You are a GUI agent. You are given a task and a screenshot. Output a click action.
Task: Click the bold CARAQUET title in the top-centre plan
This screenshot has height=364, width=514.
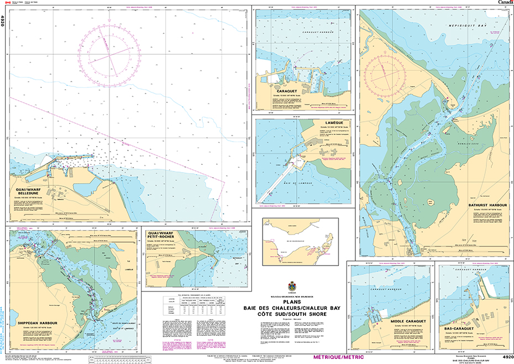[281, 91]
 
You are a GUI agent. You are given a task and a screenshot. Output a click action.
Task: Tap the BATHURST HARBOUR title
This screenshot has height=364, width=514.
[486, 205]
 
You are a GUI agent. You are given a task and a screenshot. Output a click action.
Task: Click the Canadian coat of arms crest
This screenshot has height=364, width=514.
[292, 287]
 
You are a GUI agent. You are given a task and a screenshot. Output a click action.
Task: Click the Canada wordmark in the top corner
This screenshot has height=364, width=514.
[505, 3]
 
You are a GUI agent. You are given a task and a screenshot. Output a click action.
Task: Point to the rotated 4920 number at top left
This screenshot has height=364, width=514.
[3, 20]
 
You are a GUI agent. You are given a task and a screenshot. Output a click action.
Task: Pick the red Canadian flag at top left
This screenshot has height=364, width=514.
[8, 3]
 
